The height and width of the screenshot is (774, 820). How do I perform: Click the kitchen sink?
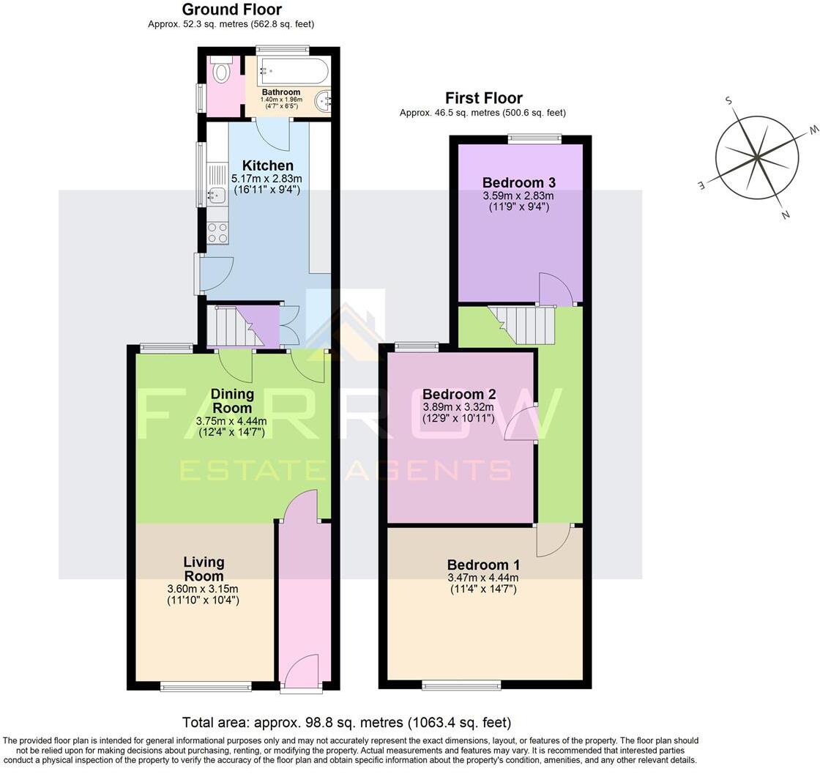(x=217, y=195)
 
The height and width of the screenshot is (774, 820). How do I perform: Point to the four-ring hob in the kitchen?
(x=218, y=233)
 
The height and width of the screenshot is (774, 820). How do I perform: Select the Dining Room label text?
(x=232, y=401)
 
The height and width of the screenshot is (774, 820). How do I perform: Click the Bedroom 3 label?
(x=518, y=182)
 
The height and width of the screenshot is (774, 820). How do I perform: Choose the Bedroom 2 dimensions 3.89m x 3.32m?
(x=458, y=407)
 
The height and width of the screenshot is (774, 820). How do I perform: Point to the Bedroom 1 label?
(x=483, y=565)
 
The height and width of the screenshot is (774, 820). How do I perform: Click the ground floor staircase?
(x=234, y=327)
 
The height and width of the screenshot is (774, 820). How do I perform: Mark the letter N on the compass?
(x=786, y=215)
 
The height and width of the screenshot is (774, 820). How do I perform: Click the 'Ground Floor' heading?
(x=231, y=10)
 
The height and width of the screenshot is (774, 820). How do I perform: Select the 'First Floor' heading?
(x=483, y=98)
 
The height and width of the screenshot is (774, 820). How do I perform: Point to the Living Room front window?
(x=206, y=687)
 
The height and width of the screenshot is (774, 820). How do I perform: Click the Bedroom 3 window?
(x=534, y=137)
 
